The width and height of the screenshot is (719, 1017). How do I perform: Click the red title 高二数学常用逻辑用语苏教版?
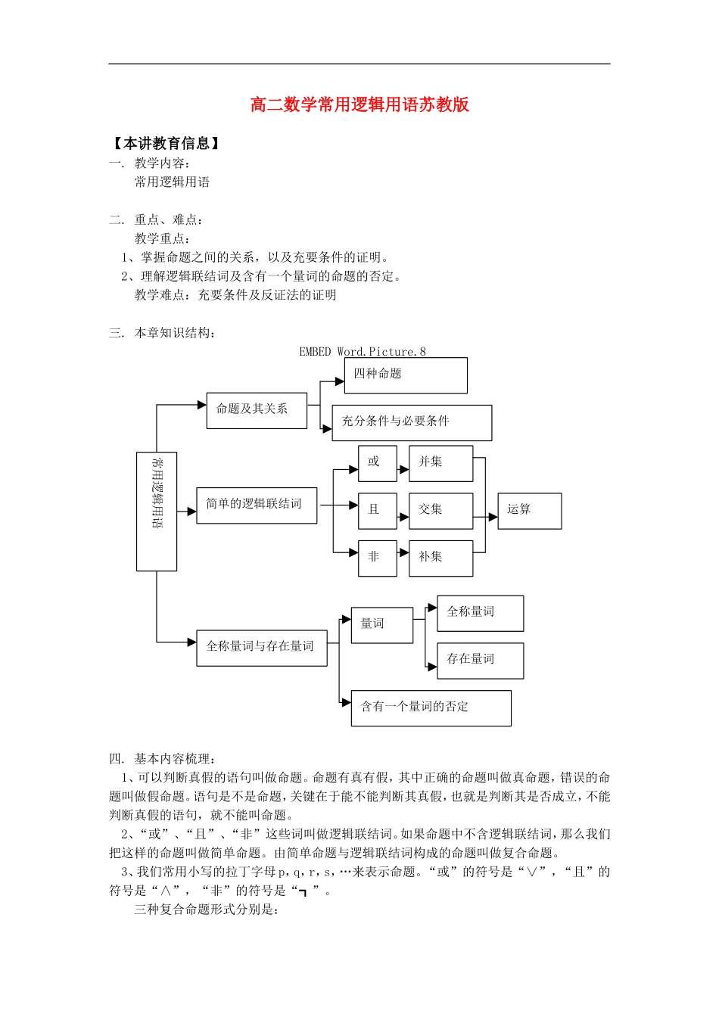[359, 104]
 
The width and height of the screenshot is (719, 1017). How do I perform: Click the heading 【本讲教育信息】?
[167, 144]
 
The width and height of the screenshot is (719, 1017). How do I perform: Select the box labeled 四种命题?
[406, 375]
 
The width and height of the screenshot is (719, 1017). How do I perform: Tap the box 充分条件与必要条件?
[412, 422]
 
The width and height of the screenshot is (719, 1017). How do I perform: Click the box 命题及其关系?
[257, 410]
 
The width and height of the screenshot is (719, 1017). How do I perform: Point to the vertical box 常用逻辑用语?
[157, 511]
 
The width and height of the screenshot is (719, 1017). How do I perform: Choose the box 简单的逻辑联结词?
[257, 505]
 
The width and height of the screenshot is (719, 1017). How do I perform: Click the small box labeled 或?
[377, 463]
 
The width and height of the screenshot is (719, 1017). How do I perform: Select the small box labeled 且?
[377, 511]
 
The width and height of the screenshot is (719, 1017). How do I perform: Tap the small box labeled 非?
[377, 558]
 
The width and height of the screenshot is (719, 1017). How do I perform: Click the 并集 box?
[440, 463]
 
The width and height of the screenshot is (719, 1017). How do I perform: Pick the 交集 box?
[440, 511]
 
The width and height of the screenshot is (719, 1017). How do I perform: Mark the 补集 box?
[440, 558]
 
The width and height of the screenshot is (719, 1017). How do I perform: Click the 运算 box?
[529, 511]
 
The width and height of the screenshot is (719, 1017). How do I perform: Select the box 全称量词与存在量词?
[261, 648]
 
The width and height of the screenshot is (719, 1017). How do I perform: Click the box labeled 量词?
[381, 625]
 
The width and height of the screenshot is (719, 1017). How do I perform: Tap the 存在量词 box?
[480, 660]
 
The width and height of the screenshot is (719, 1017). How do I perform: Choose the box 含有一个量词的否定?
[431, 708]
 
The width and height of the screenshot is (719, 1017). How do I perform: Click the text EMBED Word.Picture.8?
[363, 352]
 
